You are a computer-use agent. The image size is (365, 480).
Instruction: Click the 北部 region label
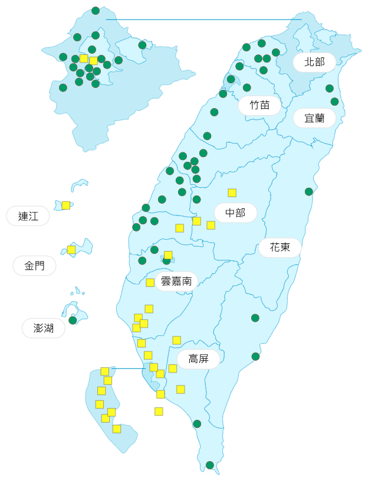click(x=314, y=62)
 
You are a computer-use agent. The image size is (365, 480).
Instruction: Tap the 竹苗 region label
click(x=259, y=105)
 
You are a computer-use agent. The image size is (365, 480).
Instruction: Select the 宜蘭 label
click(x=314, y=118)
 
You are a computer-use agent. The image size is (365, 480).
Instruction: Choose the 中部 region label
click(x=235, y=213)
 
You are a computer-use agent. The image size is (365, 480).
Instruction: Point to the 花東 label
click(x=280, y=247)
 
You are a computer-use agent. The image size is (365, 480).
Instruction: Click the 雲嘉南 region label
click(x=176, y=282)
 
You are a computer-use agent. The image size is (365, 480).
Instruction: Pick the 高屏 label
click(x=198, y=359)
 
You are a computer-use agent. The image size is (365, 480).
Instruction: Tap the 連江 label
click(x=28, y=216)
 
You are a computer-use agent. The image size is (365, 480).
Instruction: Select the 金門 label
click(x=34, y=266)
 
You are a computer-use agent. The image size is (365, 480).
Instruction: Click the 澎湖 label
click(x=44, y=328)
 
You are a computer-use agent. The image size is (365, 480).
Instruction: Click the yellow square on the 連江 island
click(x=66, y=205)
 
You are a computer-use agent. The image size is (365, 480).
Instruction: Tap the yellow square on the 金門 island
click(x=71, y=250)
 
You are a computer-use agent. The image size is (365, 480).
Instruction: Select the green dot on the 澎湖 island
click(x=73, y=320)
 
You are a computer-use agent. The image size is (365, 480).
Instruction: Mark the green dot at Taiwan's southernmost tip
click(x=210, y=465)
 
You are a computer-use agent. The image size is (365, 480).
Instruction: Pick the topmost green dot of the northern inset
click(x=96, y=11)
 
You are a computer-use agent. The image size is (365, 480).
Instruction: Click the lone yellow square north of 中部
click(x=232, y=192)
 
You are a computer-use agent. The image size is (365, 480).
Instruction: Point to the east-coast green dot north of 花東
click(x=309, y=191)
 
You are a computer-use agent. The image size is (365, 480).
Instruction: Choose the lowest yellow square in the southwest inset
click(x=117, y=429)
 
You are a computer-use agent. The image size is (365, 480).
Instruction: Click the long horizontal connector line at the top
click(x=203, y=19)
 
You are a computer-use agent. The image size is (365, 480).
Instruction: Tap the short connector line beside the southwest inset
click(x=128, y=368)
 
